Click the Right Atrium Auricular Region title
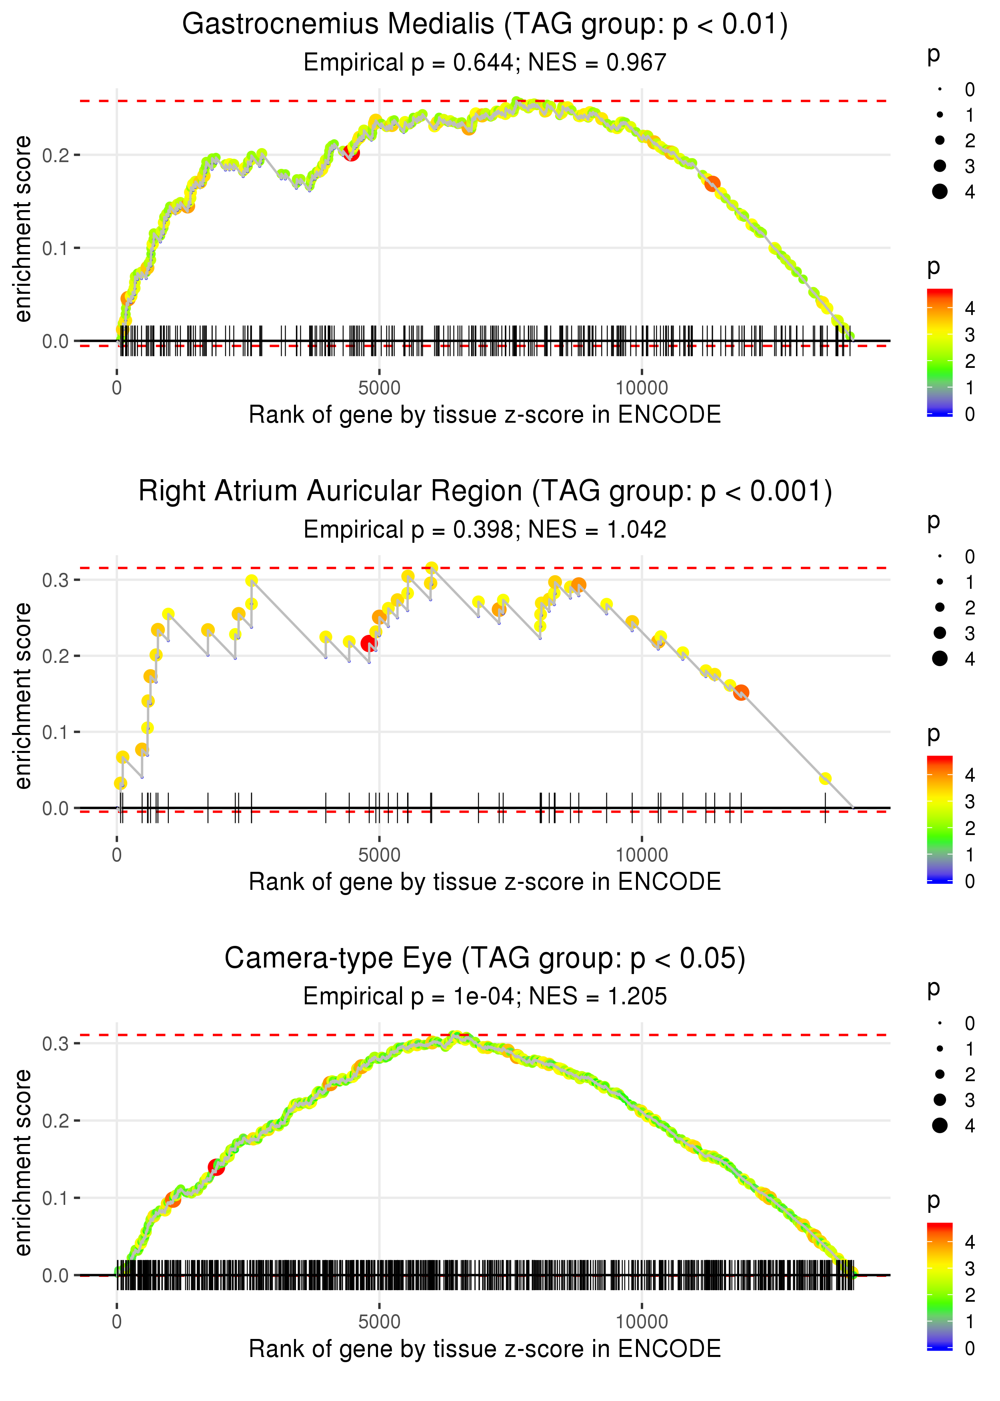485,492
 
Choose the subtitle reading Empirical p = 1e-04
485,997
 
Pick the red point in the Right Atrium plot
369,644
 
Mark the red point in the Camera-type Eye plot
216,1166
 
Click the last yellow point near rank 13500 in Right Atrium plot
825,779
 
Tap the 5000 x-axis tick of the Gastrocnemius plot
379,388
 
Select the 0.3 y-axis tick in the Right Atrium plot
56,580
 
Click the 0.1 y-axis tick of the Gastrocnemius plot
56,248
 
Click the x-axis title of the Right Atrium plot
485,882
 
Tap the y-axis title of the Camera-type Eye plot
23,1162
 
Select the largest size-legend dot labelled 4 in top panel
940,192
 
